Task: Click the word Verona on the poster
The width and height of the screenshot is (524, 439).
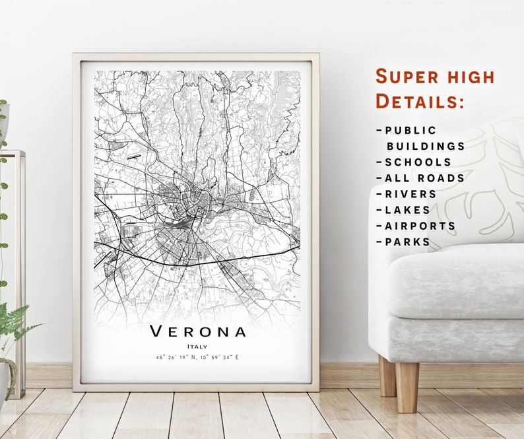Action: tap(197, 331)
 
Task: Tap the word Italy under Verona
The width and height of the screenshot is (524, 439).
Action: tap(197, 346)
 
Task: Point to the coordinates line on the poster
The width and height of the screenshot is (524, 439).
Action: tap(197, 357)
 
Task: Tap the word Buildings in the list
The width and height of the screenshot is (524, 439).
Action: tap(426, 146)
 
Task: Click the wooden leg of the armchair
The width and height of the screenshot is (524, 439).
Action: tap(407, 386)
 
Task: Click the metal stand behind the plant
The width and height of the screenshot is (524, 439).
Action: tap(20, 264)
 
